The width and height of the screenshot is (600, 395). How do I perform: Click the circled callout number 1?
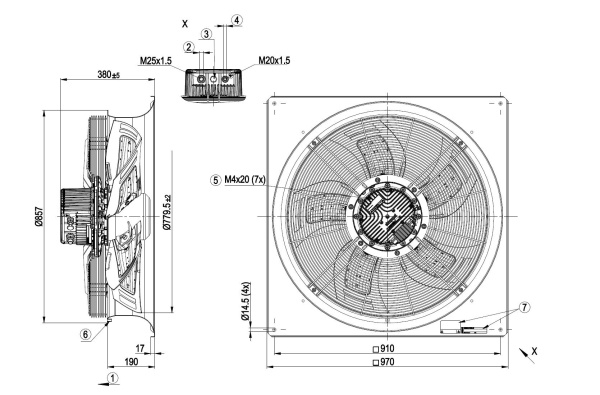112,378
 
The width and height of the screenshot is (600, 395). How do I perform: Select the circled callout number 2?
189,47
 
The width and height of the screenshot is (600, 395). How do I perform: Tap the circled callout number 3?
206,34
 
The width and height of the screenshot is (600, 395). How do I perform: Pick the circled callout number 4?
237,20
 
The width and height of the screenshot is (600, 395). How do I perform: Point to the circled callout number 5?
216,180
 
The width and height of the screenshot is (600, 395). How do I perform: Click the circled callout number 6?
86,335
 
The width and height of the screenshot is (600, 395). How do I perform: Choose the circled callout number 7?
524,307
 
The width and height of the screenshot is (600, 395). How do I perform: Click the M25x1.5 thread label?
156,60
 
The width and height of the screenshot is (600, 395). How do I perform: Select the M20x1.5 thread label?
274,60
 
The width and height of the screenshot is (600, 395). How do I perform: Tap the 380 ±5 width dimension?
108,74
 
